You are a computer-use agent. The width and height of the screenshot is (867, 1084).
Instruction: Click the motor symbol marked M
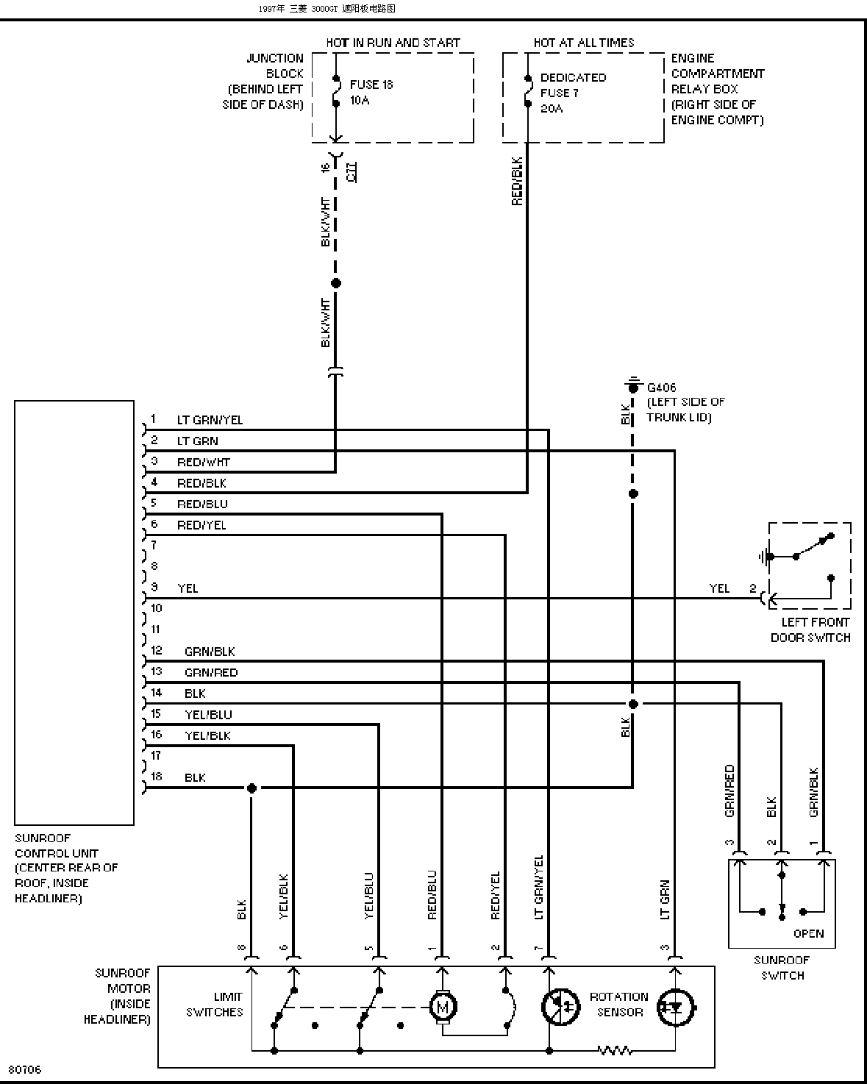coord(443,1007)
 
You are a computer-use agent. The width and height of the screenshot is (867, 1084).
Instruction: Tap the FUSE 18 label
coord(371,85)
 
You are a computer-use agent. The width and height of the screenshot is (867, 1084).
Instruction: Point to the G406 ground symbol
coord(632,385)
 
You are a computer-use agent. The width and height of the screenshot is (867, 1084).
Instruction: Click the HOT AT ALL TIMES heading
coord(584,43)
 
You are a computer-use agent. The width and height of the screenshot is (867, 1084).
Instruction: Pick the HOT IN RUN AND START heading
coord(393,43)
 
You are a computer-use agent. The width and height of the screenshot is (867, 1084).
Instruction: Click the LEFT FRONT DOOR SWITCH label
coord(810,630)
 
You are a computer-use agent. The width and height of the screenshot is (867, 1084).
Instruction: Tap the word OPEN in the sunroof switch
coord(808,933)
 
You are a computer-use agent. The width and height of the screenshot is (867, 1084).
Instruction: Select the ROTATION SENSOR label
coord(618,1005)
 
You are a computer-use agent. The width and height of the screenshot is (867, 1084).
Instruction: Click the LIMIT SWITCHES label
coord(215,1005)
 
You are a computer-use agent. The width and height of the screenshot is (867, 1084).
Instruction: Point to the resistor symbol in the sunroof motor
coord(615,1050)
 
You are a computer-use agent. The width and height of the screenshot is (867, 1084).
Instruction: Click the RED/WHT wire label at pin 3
coord(204,463)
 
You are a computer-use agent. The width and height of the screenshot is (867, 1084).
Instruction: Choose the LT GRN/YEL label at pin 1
coord(210,421)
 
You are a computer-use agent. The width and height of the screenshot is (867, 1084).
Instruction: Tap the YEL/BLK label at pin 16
coord(207,735)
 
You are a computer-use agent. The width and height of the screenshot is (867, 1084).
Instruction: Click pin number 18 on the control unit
coord(156,777)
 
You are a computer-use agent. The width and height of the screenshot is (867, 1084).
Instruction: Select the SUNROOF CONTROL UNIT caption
coord(66,868)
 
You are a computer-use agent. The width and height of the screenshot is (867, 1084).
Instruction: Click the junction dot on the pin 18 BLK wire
coord(251,788)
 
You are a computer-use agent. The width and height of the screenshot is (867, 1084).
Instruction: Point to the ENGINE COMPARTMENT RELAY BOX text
coord(717,89)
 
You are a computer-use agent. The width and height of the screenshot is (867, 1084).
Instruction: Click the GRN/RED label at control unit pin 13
coord(211,672)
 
